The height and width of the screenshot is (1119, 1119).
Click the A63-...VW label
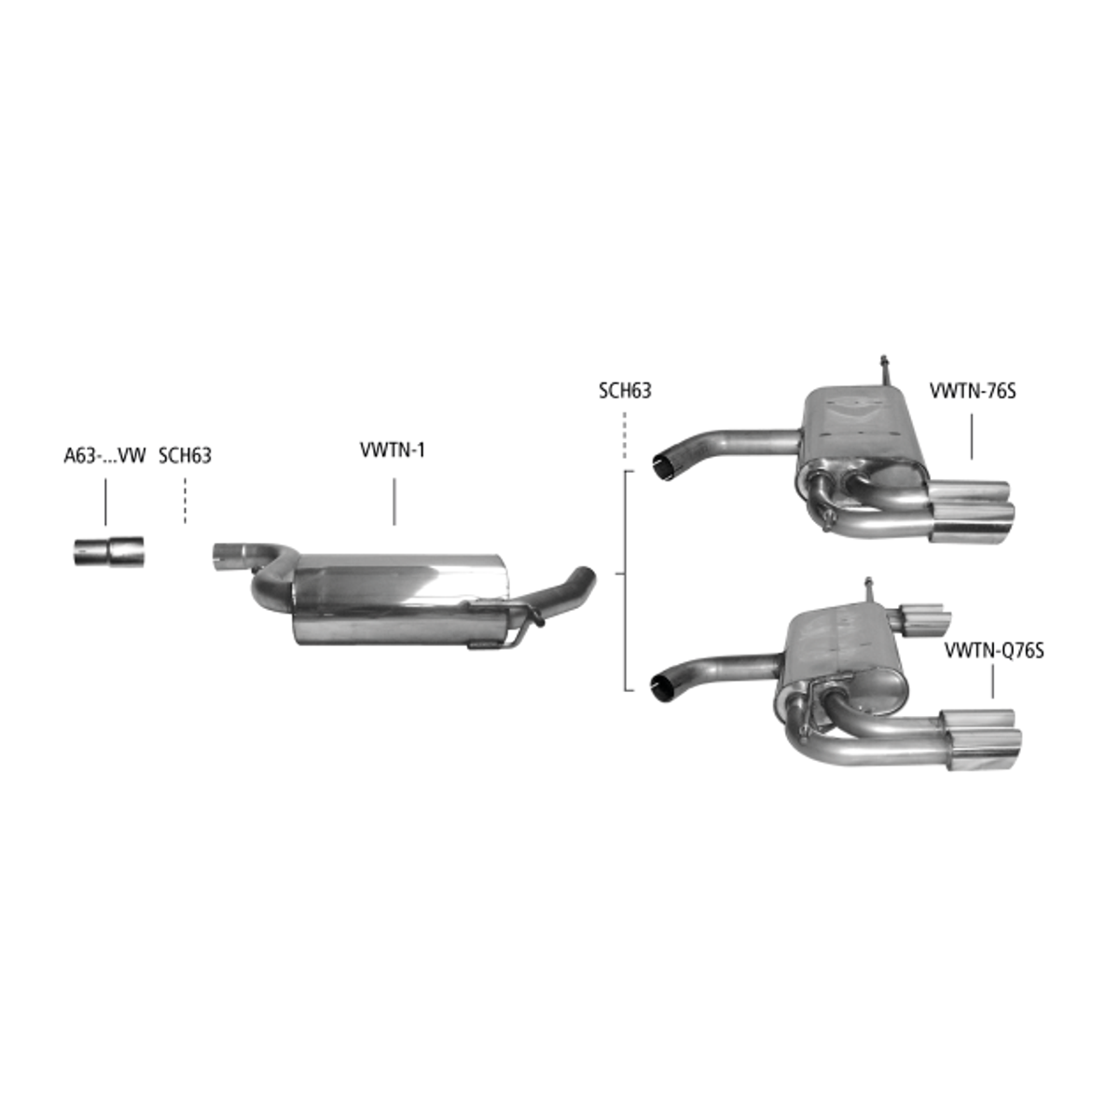104,456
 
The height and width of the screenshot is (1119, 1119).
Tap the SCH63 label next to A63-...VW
186,456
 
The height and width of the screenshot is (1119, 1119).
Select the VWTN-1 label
393,450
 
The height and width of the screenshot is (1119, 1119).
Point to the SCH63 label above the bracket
625,390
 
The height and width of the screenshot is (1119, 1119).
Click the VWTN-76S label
973,390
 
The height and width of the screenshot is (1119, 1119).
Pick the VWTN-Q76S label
994,650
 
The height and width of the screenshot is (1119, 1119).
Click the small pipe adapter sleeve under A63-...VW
108,552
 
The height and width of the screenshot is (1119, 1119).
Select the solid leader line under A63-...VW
105,502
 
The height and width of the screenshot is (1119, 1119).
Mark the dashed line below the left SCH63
186,501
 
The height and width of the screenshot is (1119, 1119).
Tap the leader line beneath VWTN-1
394,502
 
